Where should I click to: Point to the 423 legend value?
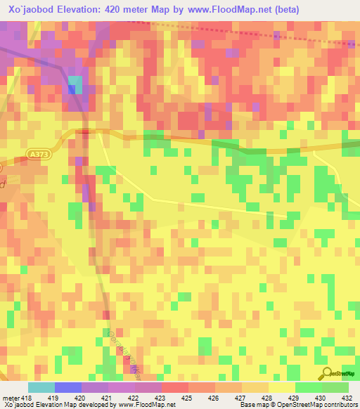[x=162, y=398]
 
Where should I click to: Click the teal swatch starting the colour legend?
[x=41, y=387]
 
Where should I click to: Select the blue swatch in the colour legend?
[x=68, y=387]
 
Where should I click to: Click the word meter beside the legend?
[x=10, y=398]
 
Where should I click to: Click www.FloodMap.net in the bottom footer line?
[x=146, y=405]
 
